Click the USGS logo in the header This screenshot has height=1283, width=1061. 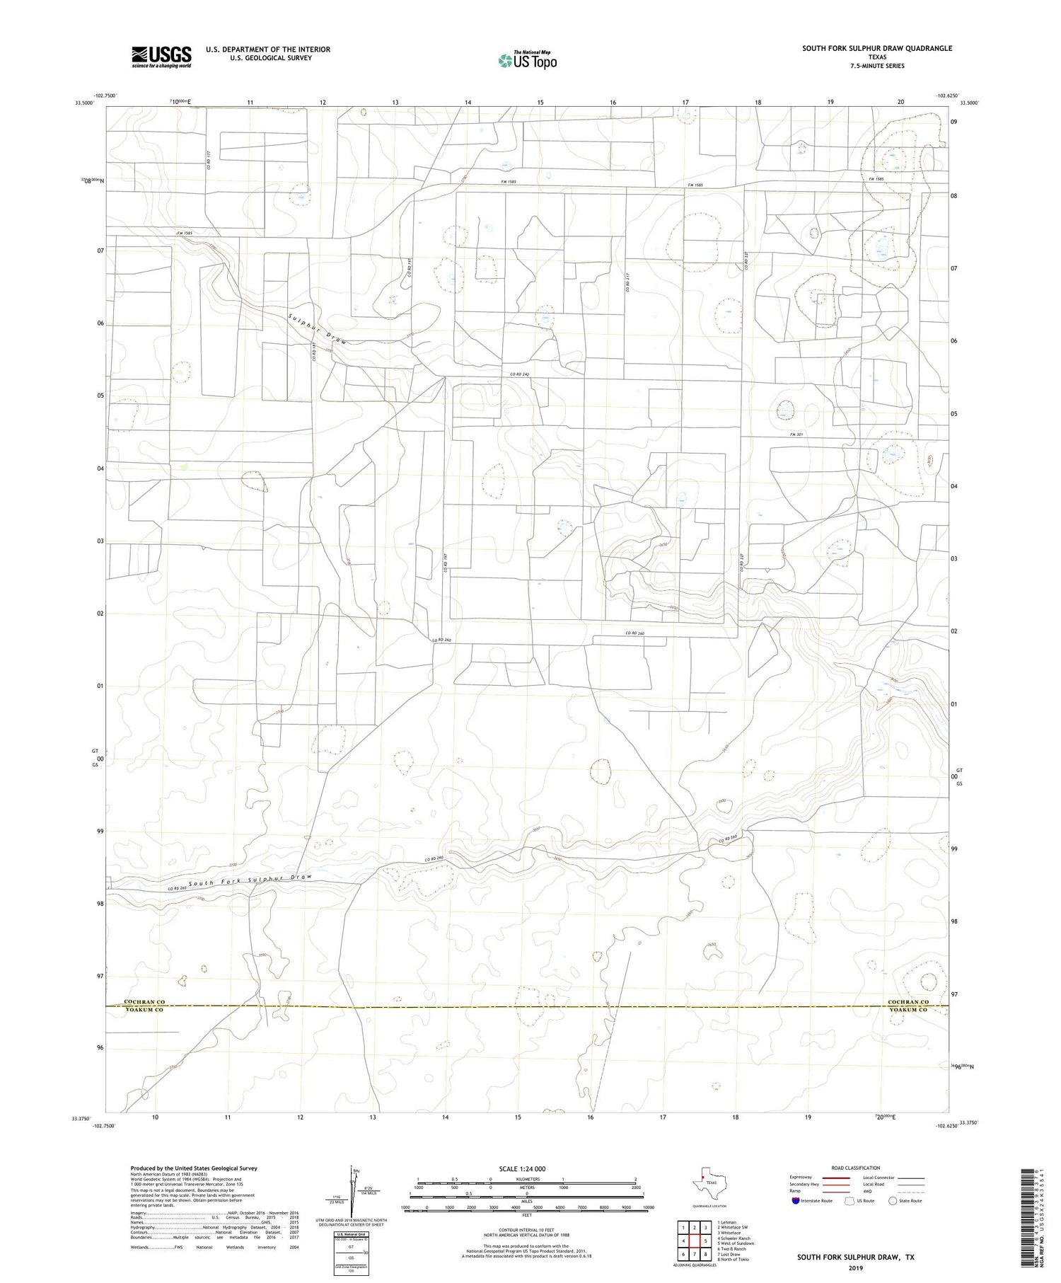pyautogui.click(x=161, y=57)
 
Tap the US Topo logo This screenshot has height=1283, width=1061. pyautogui.click(x=527, y=60)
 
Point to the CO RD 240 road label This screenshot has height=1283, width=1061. pyautogui.click(x=520, y=374)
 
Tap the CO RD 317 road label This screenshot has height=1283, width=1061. pyautogui.click(x=627, y=282)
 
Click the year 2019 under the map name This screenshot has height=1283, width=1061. pyautogui.click(x=855, y=1267)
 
